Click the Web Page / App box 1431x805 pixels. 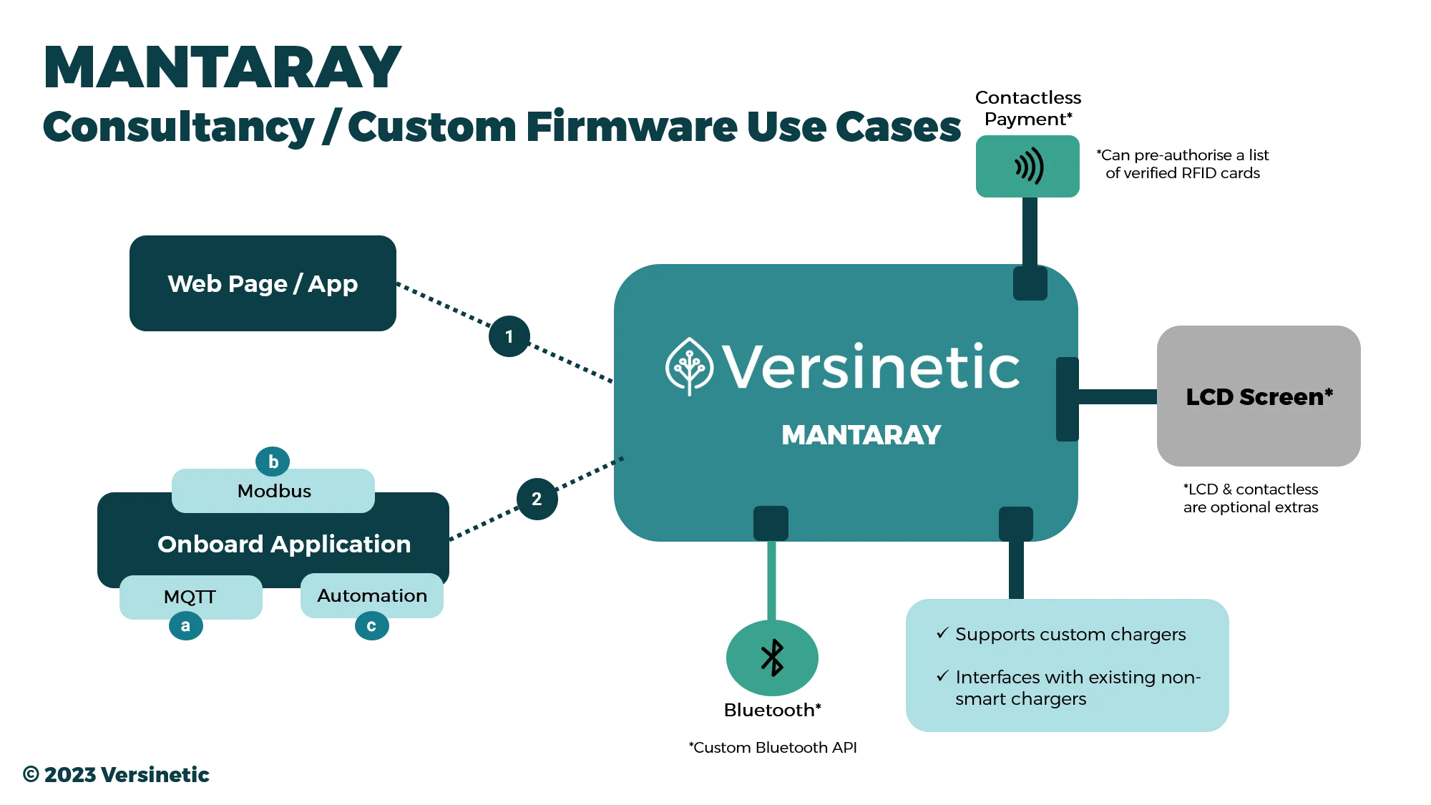pyautogui.click(x=263, y=283)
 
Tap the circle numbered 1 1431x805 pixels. pyautogui.click(x=509, y=336)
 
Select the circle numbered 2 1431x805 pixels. pyautogui.click(x=537, y=499)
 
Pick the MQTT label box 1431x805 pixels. pyautogui.click(x=190, y=596)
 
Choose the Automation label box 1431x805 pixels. pyautogui.click(x=372, y=595)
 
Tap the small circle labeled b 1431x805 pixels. pyautogui.click(x=273, y=462)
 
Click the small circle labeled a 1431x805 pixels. pyautogui.click(x=185, y=626)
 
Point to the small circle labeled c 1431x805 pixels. pyautogui.click(x=371, y=627)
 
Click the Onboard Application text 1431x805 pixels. pyautogui.click(x=284, y=545)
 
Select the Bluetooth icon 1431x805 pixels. pyautogui.click(x=772, y=658)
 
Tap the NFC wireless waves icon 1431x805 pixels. pyautogui.click(x=1029, y=167)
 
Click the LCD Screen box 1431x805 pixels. pyautogui.click(x=1259, y=396)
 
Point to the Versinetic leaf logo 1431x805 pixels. pyautogui.click(x=689, y=366)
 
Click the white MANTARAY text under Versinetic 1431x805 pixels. pyautogui.click(x=861, y=435)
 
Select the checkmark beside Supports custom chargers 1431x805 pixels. pyautogui.click(x=942, y=633)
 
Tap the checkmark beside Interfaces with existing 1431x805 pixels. pyautogui.click(x=942, y=676)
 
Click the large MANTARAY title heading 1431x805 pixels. pyautogui.click(x=224, y=69)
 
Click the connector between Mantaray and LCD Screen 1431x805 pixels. pyautogui.click(x=1118, y=398)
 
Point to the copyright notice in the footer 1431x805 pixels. pyautogui.click(x=117, y=774)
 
